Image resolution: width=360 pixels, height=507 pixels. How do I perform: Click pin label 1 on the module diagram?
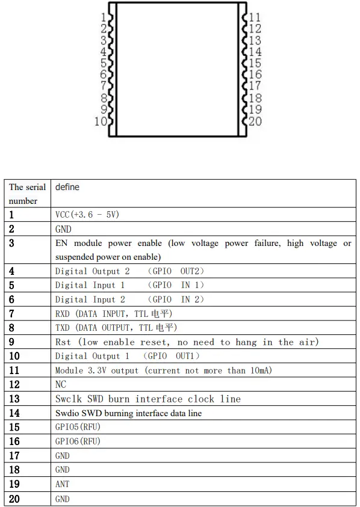pos(105,18)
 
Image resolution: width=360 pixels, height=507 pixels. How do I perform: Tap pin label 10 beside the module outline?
pos(100,121)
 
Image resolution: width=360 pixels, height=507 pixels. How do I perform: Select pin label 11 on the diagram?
pos(255,18)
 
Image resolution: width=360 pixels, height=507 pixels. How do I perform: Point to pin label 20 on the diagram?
pos(255,121)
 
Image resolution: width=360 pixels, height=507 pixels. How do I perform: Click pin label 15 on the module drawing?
pos(255,64)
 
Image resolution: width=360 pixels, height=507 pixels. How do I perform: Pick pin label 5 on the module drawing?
pos(104,64)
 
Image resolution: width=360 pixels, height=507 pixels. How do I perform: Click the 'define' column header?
pos(67,187)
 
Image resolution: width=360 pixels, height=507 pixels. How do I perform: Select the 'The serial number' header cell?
pos(27,194)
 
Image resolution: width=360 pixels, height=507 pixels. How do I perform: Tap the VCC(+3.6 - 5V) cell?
pos(90,214)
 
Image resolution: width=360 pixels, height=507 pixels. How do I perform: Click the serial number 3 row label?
pos(12,243)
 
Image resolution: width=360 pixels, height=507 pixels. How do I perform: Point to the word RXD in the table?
pos(63,313)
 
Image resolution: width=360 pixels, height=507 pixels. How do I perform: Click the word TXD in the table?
pos(63,328)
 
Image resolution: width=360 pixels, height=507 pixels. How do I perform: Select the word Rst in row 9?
pos(63,342)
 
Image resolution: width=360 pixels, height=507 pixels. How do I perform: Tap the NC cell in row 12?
pos(60,384)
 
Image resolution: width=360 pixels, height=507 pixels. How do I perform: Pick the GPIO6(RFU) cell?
pos(77,441)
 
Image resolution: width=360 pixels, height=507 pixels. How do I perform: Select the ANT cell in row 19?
pos(62,484)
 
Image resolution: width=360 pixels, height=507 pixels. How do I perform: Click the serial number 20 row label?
pos(14,499)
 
